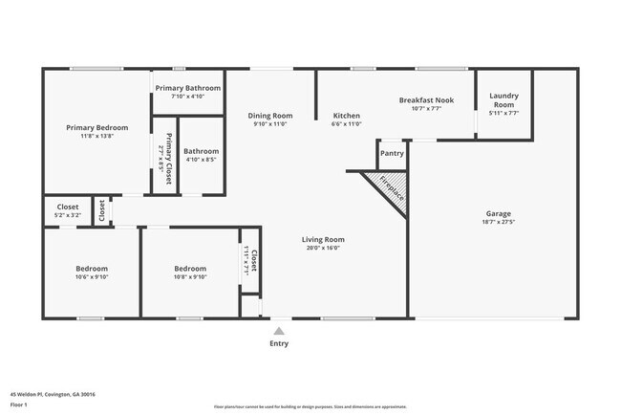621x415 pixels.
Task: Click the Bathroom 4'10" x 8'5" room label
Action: tap(201, 151)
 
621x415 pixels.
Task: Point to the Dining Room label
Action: tap(269, 115)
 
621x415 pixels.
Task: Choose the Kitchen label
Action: tap(346, 115)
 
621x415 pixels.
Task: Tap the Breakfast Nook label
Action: tap(426, 99)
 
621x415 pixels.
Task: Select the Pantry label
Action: tap(392, 153)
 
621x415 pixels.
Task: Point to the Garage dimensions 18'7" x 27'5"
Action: tap(498, 223)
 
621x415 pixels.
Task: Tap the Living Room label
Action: tap(323, 239)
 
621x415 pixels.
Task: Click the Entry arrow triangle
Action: tap(278, 331)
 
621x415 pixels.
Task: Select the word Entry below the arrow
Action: tap(278, 343)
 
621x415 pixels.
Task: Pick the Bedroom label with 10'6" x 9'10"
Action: tap(92, 269)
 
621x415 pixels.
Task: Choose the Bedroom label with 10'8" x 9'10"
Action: tap(190, 269)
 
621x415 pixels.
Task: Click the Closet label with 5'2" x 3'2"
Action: tap(68, 207)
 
